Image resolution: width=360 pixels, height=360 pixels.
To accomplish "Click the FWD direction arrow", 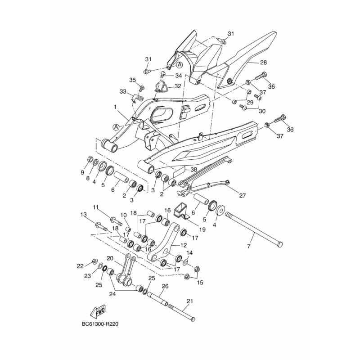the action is pos(98,312).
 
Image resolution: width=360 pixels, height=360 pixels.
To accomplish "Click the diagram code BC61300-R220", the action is pos(100,324).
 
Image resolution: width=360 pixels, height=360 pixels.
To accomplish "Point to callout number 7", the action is pos(249,247).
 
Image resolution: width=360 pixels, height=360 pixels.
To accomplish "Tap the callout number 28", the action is pos(263,63).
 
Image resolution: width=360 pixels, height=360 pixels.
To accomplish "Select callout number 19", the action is pos(202,229).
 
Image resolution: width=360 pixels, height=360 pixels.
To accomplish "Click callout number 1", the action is pos(115,107).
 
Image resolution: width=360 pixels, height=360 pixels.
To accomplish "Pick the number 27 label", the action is pos(243,195).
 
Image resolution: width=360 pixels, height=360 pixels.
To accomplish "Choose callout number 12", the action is pos(184,245).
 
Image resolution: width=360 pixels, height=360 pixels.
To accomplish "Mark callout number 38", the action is pos(194,170).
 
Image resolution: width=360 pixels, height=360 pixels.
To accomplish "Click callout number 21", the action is pos(190,301).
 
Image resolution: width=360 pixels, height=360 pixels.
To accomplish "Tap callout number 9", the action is pos(82,173).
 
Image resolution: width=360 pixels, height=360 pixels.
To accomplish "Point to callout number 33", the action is pos(123,92).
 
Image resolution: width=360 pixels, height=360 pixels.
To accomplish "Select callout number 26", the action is pos(165,286).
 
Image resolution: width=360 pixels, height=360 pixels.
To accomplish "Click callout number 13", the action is pos(84,215).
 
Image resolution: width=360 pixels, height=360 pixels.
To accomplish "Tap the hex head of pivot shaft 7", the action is pos(279,244).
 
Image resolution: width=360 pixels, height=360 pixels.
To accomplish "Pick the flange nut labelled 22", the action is pos(94,261).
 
